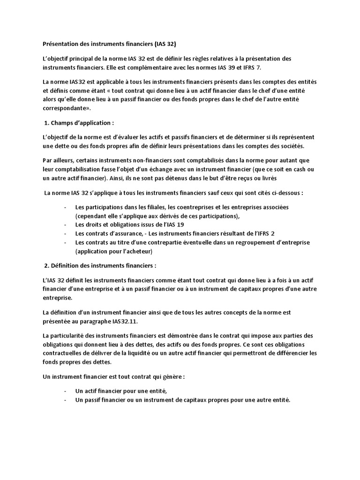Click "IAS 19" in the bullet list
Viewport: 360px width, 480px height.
point(173,225)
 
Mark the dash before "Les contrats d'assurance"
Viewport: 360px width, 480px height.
point(64,233)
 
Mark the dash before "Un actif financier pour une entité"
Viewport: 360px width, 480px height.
point(64,391)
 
